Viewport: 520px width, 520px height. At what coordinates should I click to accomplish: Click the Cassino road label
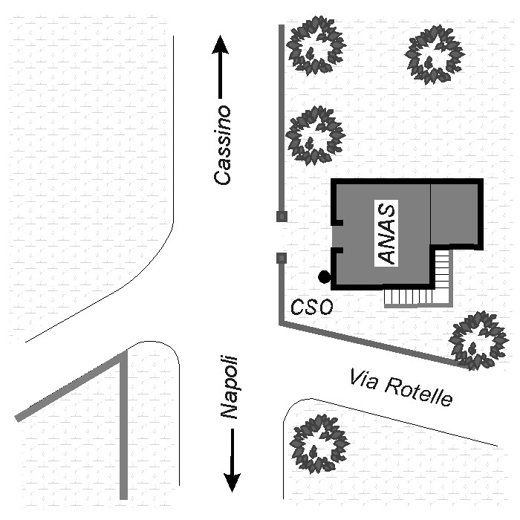222,145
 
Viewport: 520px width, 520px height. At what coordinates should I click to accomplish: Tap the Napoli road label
229,387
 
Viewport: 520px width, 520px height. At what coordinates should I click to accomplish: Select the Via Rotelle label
401,388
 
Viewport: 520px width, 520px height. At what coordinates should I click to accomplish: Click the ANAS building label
386,233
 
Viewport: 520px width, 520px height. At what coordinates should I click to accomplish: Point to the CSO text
311,307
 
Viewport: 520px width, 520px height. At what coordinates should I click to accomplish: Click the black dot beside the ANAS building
324,277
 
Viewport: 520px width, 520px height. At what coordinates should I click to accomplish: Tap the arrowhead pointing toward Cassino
220,45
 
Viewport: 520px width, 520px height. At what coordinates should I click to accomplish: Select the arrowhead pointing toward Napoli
232,483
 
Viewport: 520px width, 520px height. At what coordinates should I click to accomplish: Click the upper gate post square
282,217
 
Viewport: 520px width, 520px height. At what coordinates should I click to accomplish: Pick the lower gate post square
282,258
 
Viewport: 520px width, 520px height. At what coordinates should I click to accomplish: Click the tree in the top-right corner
435,55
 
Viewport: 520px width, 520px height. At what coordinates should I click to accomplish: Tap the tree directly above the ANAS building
316,135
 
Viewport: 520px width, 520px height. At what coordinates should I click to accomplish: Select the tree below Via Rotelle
319,443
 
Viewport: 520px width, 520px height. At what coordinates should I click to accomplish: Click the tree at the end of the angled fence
478,341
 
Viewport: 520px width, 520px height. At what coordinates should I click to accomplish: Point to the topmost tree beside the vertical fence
316,46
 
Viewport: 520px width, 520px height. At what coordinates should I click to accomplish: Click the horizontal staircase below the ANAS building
409,297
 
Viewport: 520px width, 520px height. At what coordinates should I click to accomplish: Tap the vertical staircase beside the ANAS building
442,269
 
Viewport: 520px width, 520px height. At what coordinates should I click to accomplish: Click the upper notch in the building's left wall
337,222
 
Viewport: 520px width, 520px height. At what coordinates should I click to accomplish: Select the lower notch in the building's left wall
337,251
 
